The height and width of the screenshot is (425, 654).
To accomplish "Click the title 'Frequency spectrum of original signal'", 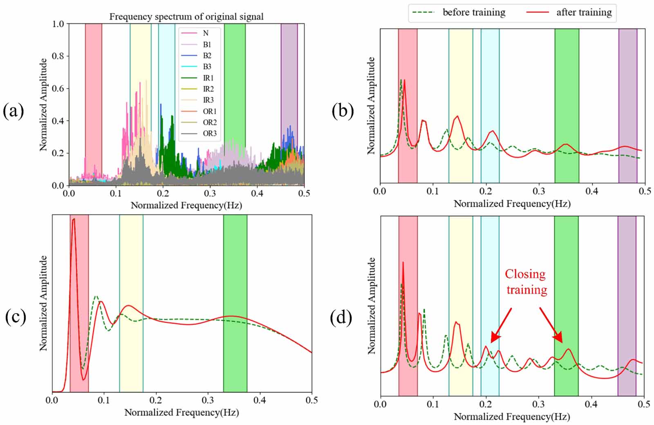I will (x=186, y=17).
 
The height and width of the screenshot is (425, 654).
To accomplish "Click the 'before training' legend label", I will (x=474, y=12).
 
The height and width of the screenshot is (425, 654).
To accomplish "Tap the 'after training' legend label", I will (x=584, y=12).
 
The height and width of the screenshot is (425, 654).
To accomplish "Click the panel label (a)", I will (x=13, y=111).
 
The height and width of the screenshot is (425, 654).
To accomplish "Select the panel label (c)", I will (x=16, y=317).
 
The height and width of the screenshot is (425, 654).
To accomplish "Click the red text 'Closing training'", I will (x=526, y=282).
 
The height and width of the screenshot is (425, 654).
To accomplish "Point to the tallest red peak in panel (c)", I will (x=74, y=220).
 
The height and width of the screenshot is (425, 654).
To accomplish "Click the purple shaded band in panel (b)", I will (x=627, y=106).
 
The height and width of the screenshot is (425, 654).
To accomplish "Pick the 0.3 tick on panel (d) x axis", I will (x=538, y=404).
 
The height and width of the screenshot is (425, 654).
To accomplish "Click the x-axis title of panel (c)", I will (x=181, y=412).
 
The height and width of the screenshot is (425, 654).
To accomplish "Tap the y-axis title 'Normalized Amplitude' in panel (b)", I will (x=371, y=106).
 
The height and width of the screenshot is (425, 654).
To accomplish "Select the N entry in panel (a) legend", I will (x=206, y=33).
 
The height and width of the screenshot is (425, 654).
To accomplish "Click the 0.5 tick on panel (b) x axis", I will (x=645, y=191).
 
